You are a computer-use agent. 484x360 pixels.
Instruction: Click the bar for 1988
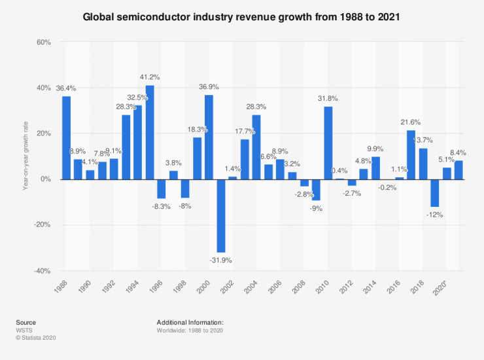coord(66,137)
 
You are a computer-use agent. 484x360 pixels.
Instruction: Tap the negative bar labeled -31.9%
coord(221,215)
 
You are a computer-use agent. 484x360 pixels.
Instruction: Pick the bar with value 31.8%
coord(328,143)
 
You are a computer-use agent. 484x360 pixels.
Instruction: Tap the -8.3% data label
coord(162,206)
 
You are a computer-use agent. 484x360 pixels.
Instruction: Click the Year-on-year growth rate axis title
coord(25,156)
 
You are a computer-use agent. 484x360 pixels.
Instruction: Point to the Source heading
coord(26,323)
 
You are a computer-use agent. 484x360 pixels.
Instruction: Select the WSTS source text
coord(24,330)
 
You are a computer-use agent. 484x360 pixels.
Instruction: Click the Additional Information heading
coord(190,323)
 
